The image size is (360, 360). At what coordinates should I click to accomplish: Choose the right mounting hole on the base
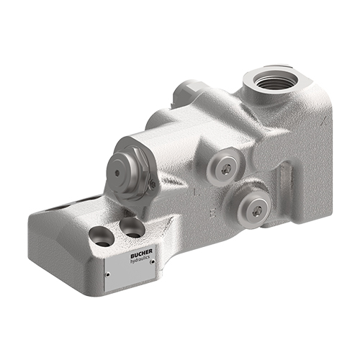[132, 228]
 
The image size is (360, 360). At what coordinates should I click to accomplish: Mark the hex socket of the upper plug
[227, 168]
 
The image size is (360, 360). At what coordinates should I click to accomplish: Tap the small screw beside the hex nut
[152, 186]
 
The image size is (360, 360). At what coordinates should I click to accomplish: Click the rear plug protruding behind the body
[184, 91]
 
